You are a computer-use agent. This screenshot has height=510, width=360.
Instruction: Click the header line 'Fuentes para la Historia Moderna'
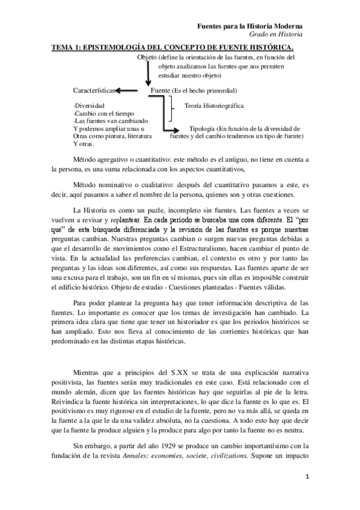click(x=250, y=27)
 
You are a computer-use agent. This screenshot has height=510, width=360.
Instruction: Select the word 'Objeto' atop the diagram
click(x=147, y=57)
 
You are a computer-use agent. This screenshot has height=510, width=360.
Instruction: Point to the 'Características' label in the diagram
click(x=93, y=90)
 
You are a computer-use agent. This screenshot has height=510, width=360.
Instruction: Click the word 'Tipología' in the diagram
click(x=203, y=129)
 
